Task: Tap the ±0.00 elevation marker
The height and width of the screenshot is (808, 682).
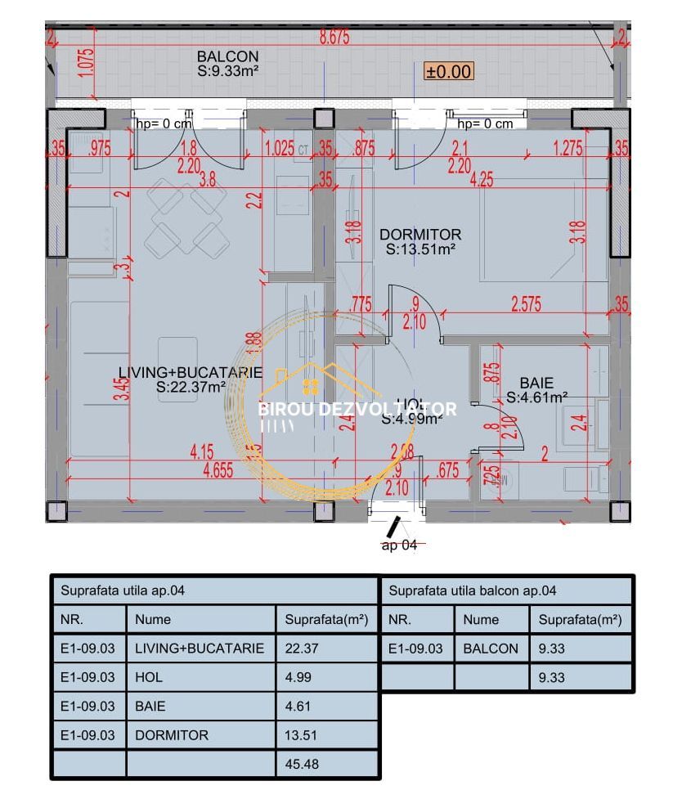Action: pos(448,71)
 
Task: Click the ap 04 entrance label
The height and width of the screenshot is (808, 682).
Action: pos(398,545)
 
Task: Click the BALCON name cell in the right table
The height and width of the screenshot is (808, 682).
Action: pos(491,649)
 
